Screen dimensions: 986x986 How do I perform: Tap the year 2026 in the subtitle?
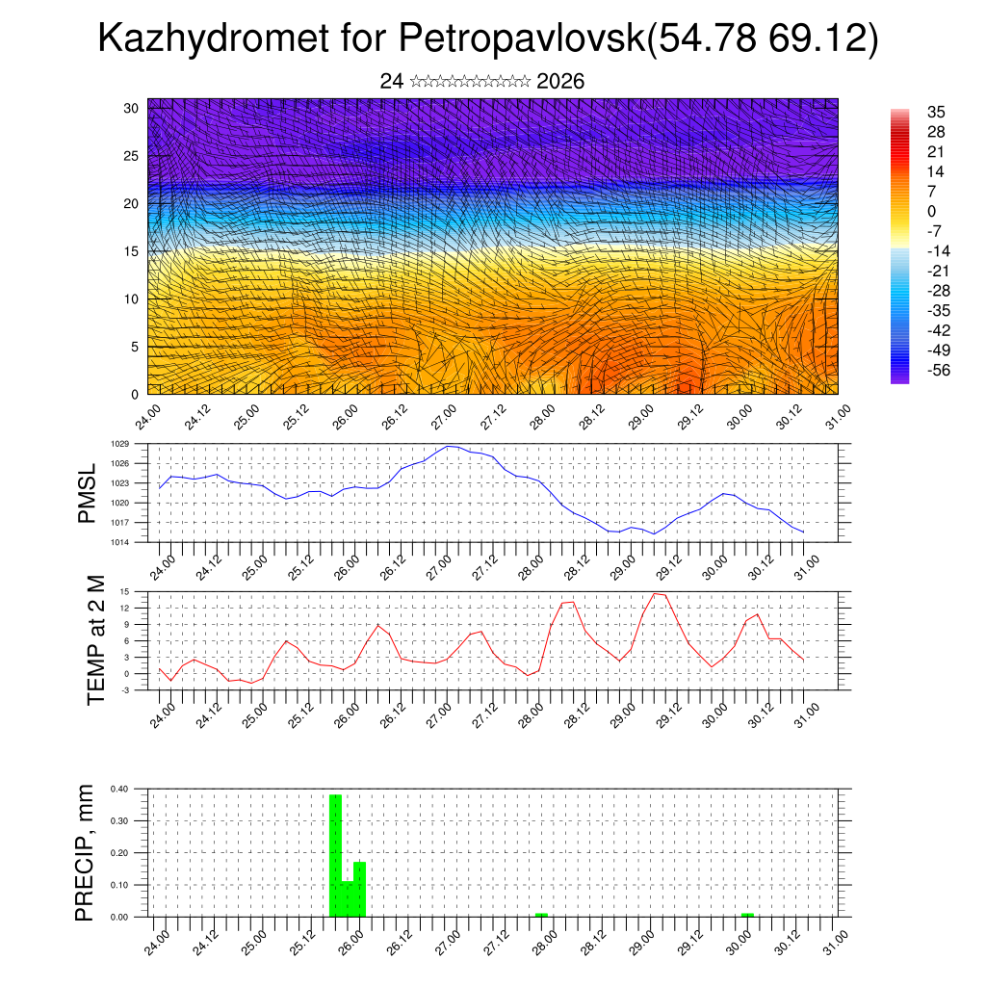pyautogui.click(x=560, y=82)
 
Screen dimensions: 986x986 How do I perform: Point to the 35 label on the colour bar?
pyautogui.click(x=935, y=112)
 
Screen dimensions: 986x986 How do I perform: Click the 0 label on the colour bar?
pyautogui.click(x=931, y=211)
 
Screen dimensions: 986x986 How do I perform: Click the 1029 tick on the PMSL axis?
pyautogui.click(x=120, y=444)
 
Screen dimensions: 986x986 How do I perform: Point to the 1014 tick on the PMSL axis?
pyautogui.click(x=120, y=542)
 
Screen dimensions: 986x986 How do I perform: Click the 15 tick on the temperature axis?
pyautogui.click(x=124, y=591)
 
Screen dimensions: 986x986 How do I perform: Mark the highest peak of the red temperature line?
pyautogui.click(x=657, y=593)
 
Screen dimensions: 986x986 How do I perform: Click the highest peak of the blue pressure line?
pyautogui.click(x=450, y=447)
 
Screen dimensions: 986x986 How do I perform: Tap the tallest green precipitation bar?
pyautogui.click(x=335, y=855)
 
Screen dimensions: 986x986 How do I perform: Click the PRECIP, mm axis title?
pyautogui.click(x=86, y=851)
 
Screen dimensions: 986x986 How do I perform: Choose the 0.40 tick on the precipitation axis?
pyautogui.click(x=118, y=789)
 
